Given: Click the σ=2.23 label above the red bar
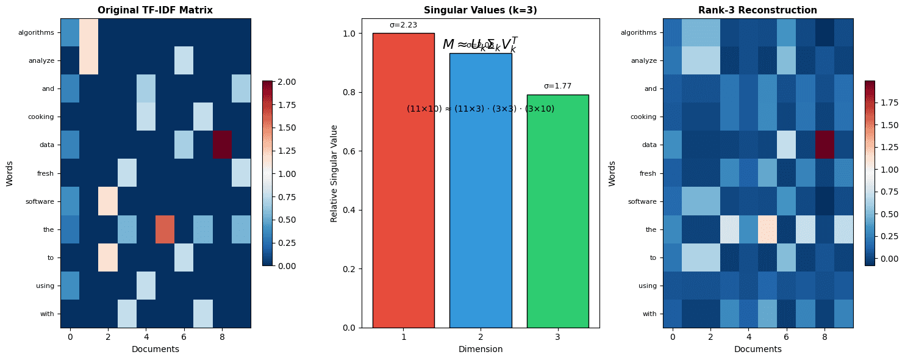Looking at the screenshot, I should pyautogui.click(x=403, y=25).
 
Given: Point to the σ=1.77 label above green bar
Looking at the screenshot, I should pyautogui.click(x=557, y=86).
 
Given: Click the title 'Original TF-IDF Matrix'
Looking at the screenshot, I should pyautogui.click(x=156, y=10).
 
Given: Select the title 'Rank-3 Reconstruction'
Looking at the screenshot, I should pyautogui.click(x=757, y=10).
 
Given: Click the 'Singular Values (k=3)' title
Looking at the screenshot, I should pyautogui.click(x=480, y=10).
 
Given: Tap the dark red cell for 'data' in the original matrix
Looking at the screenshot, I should pyautogui.click(x=221, y=145).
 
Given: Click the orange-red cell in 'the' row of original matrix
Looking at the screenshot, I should pyautogui.click(x=165, y=229).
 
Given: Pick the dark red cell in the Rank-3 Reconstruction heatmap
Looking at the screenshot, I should pyautogui.click(x=824, y=145).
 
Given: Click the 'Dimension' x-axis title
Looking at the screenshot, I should pyautogui.click(x=480, y=349).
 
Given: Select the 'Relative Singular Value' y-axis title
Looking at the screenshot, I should pyautogui.click(x=334, y=173).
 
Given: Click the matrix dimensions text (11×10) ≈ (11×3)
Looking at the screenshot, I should pyautogui.click(x=480, y=109).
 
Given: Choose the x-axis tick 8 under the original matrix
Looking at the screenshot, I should pyautogui.click(x=221, y=336).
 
